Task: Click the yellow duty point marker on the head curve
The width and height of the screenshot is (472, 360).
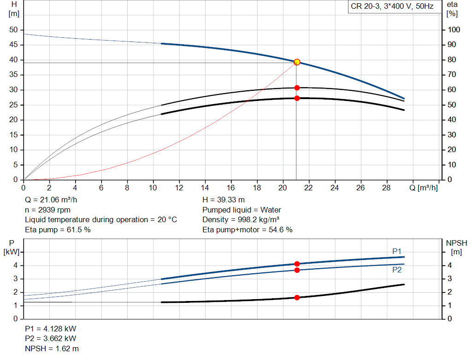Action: [x=297, y=62]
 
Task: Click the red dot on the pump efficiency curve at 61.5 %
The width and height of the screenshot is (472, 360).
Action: [x=297, y=88]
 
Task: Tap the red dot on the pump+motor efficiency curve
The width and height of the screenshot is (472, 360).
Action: [x=297, y=98]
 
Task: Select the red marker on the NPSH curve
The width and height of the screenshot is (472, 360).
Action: [x=297, y=297]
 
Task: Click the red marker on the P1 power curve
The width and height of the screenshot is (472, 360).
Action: [x=297, y=264]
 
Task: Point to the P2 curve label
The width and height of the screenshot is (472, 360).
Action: [x=397, y=270]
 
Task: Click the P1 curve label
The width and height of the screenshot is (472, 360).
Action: [x=397, y=251]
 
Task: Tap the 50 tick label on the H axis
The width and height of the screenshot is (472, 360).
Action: [x=13, y=30]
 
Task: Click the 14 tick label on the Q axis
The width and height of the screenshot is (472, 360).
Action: [x=205, y=188]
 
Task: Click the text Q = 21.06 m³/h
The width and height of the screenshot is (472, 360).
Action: [x=51, y=200]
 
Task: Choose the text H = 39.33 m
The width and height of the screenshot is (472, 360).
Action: [x=224, y=200]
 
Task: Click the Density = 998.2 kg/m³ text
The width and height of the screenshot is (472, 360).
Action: [x=241, y=219]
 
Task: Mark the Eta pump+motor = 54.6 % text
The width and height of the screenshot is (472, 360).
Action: [x=247, y=229]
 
